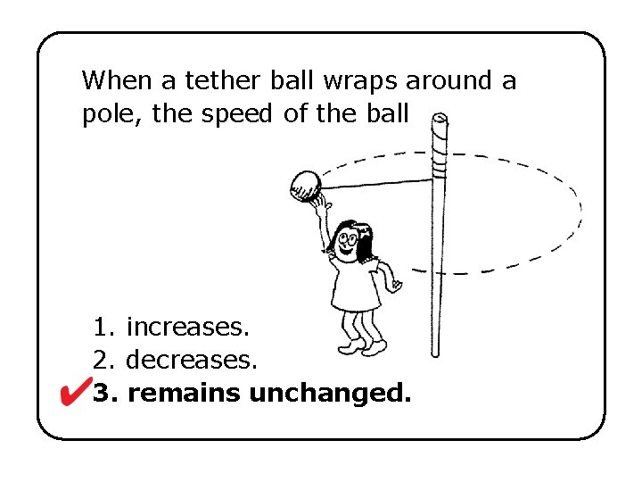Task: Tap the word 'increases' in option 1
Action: (187, 328)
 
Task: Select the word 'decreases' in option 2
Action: (192, 361)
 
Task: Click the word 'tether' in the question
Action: (218, 81)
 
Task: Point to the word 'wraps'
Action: (364, 81)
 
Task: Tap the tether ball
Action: (305, 185)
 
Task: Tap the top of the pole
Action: (440, 120)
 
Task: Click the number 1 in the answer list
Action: (101, 328)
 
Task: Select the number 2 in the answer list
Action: (101, 361)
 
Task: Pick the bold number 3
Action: (103, 393)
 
